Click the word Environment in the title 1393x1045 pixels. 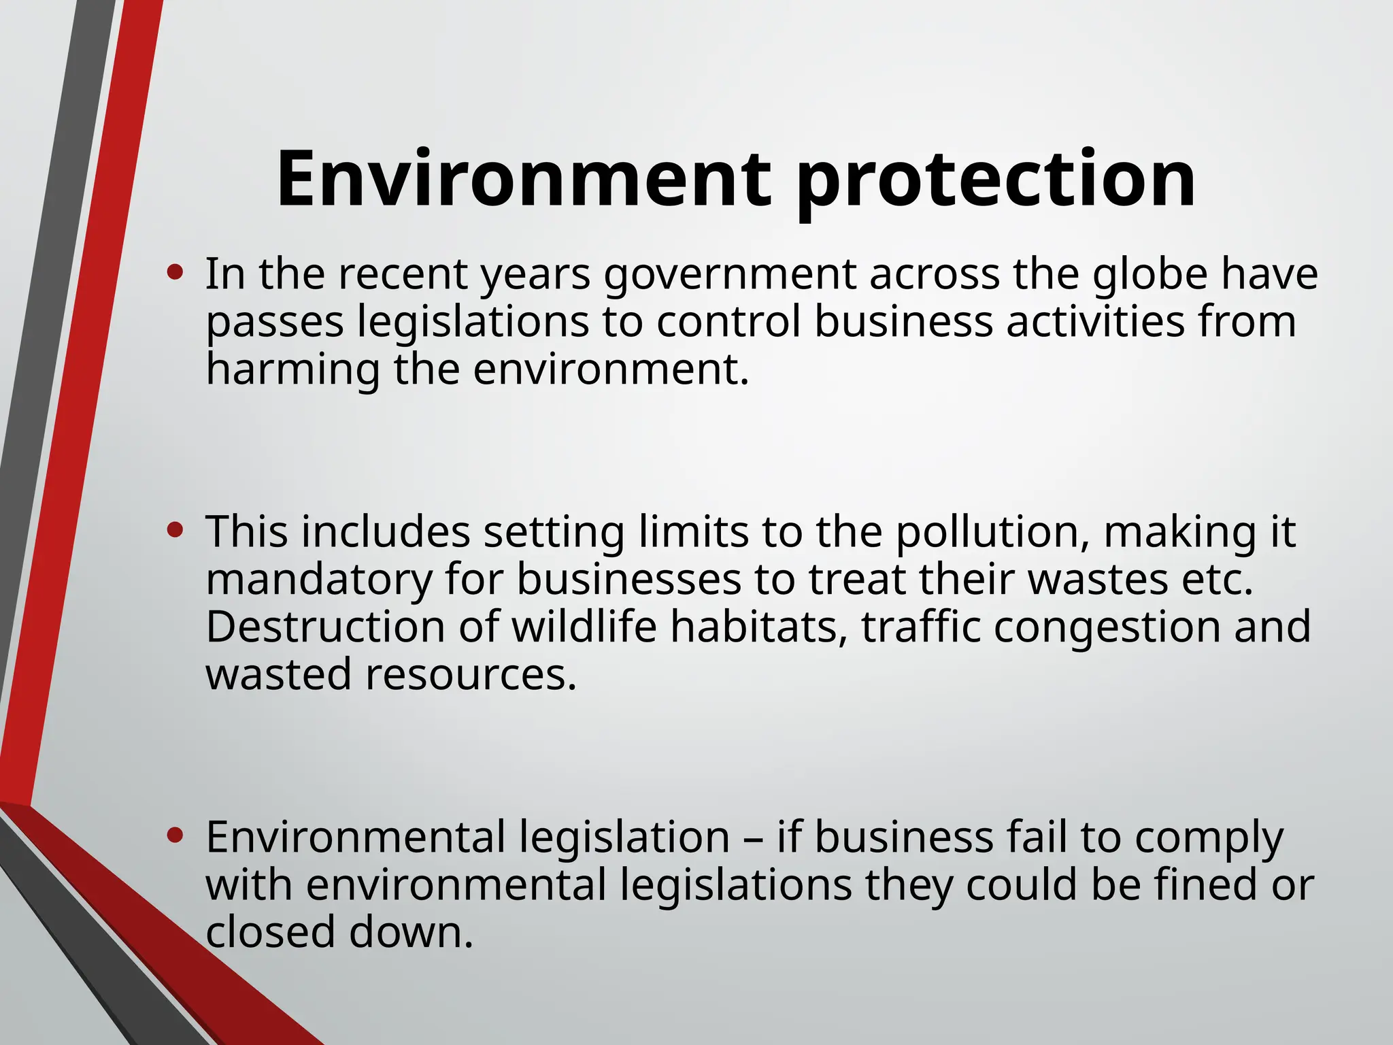click(x=524, y=180)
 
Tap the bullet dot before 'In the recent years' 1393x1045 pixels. click(x=175, y=273)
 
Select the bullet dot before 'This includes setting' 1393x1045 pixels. click(x=175, y=531)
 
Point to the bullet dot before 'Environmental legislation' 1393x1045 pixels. click(x=175, y=835)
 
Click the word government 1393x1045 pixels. click(x=730, y=275)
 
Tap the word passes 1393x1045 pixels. click(x=275, y=322)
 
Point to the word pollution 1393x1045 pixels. click(x=987, y=532)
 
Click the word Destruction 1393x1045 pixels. click(x=325, y=626)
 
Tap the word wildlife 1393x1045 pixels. click(x=584, y=626)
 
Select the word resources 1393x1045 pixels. click(x=471, y=674)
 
